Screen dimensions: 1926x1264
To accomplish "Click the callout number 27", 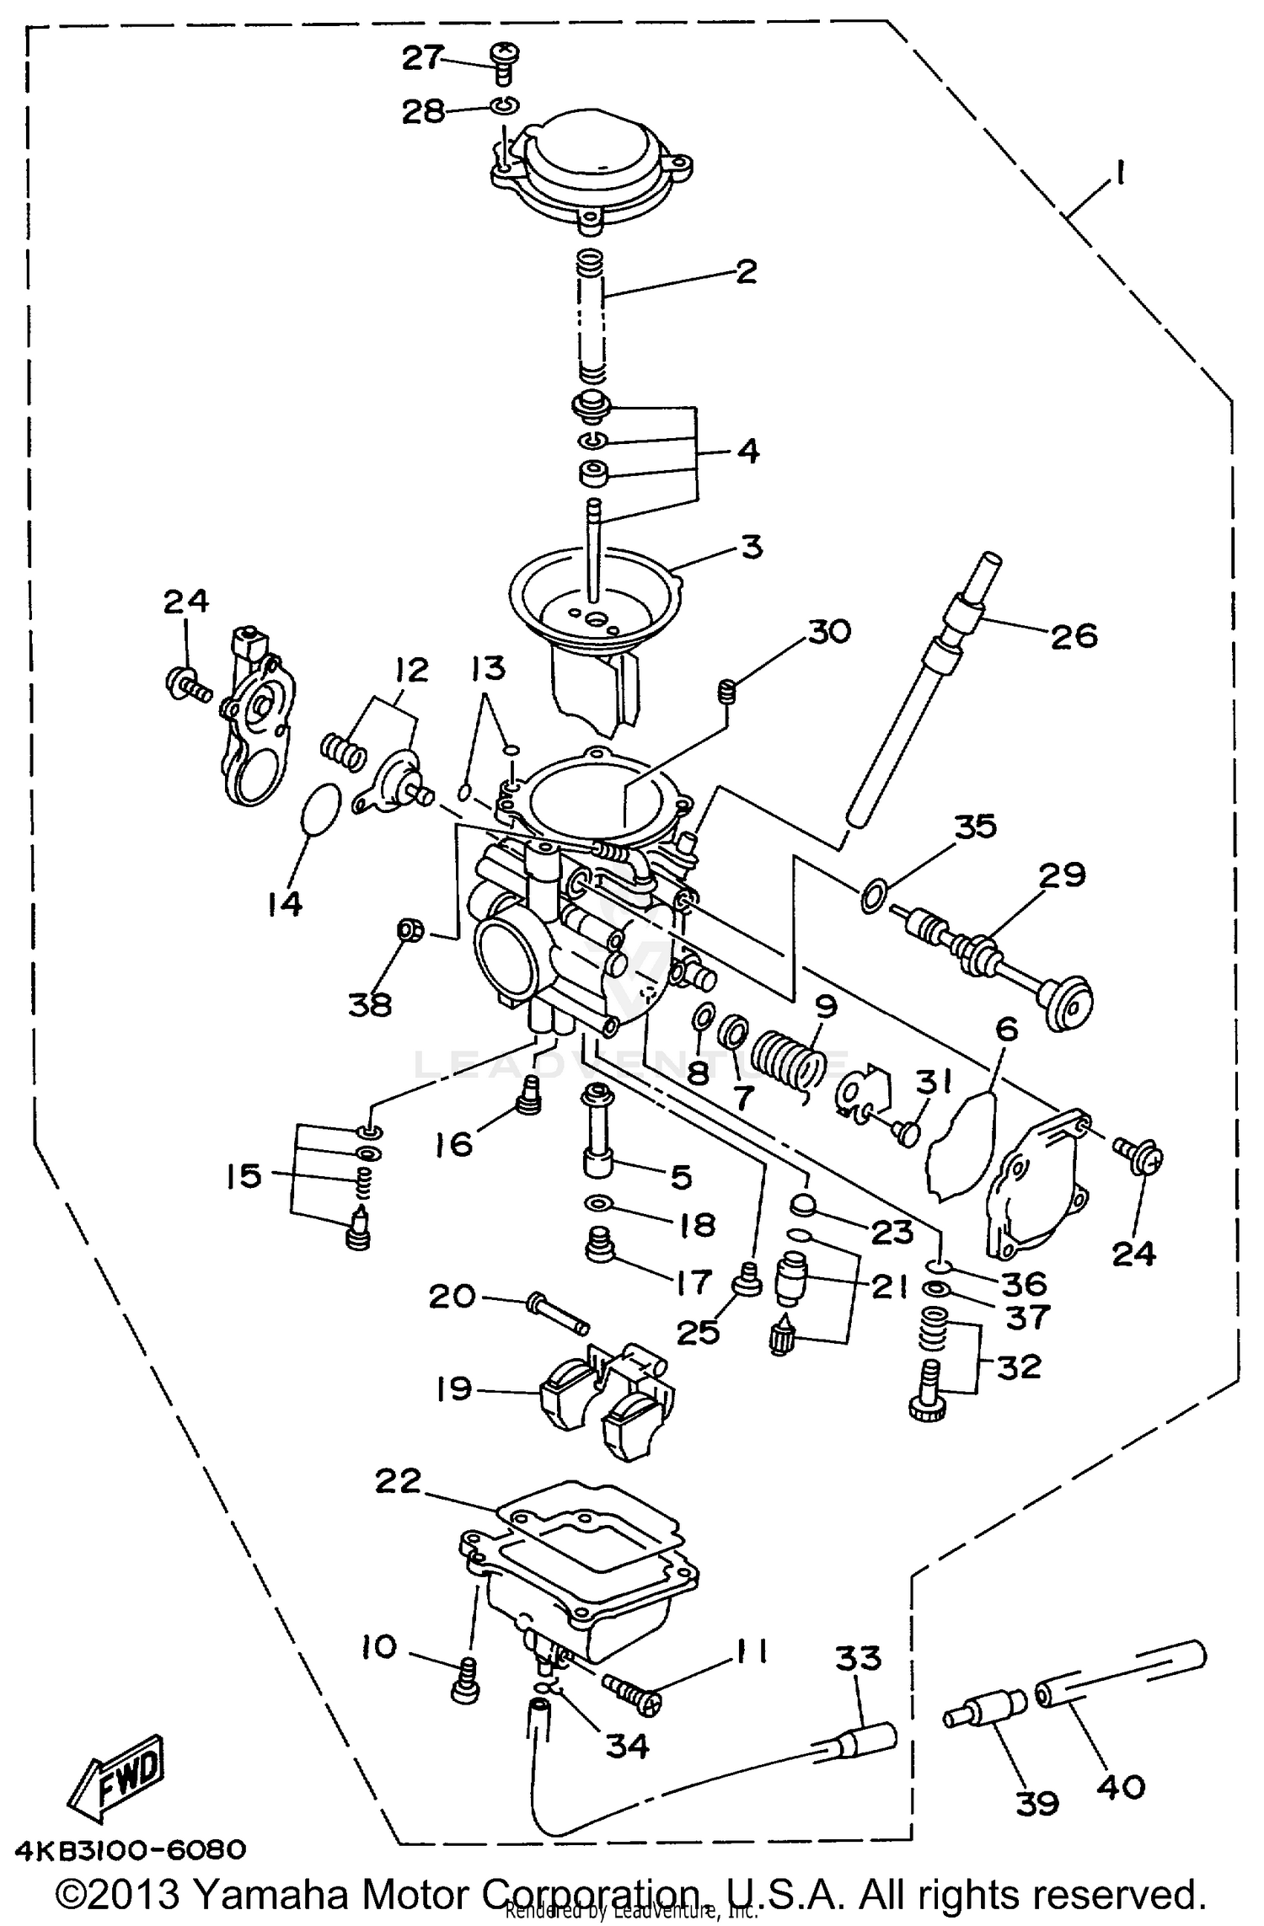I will [421, 58].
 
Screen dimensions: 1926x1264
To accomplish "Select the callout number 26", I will [1074, 635].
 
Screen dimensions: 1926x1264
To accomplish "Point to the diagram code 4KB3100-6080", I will [124, 1849].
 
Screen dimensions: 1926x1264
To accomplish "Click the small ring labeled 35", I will [873, 896].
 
